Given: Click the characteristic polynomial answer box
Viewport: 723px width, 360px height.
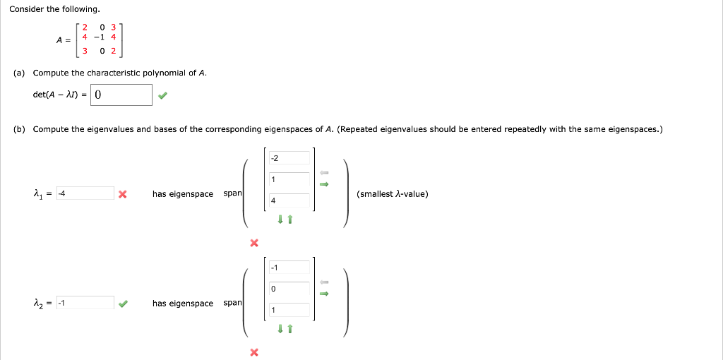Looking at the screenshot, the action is (x=121, y=95).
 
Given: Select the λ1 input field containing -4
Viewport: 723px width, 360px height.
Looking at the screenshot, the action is (x=85, y=193).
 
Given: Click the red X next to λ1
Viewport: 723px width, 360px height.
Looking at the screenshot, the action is (x=123, y=194).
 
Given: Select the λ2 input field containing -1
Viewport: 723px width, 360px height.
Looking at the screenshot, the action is (x=85, y=303).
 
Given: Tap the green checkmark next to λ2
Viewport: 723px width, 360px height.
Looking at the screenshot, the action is (x=123, y=304).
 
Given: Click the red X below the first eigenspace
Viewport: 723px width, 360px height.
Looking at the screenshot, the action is (x=254, y=243).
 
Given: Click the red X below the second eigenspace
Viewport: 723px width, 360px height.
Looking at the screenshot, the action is (x=254, y=352).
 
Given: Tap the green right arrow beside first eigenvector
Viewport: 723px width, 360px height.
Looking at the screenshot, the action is (x=324, y=185).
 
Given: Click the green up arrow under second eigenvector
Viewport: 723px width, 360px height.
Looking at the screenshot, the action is (x=289, y=329).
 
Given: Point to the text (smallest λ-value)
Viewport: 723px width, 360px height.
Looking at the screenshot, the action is (x=393, y=194).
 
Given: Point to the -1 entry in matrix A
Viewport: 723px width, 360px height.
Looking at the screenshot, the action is (x=102, y=39).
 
